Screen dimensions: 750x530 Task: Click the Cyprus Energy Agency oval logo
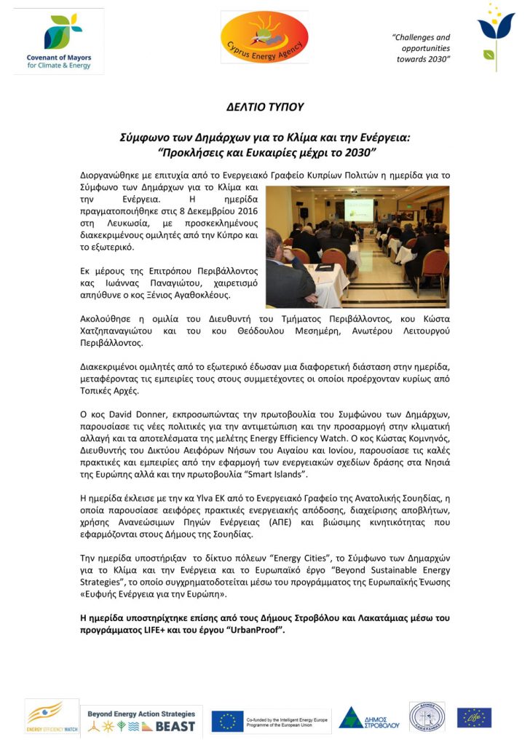coord(264,37)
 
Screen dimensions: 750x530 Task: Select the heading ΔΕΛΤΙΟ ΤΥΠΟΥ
coord(265,107)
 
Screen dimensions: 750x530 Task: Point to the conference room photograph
coord(357,247)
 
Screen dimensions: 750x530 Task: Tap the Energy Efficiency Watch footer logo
coord(52,717)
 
